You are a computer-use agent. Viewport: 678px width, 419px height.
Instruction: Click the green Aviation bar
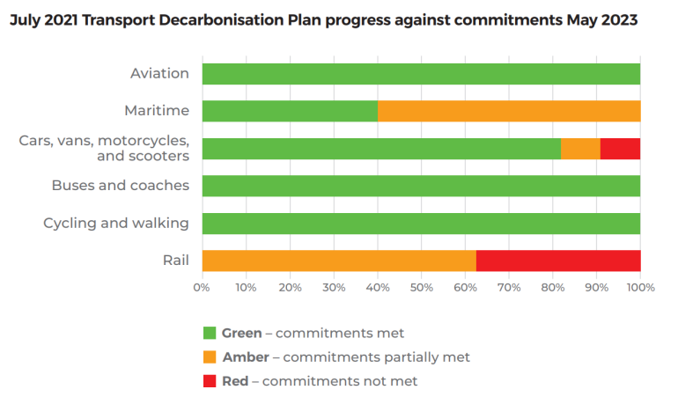pos(421,74)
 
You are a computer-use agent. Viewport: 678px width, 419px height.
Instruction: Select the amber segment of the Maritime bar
pos(509,111)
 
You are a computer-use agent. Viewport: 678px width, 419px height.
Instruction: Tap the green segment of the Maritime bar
pos(290,111)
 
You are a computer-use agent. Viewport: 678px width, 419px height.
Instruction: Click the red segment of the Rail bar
pos(558,261)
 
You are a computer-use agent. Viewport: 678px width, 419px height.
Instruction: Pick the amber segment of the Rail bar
pos(339,261)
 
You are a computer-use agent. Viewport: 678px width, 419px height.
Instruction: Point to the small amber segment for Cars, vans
pos(580,149)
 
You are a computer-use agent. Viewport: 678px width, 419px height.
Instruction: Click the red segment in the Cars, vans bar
pos(620,149)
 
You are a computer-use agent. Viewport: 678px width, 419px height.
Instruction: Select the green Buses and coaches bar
pos(421,186)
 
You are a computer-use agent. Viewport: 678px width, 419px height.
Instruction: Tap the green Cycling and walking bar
pos(421,224)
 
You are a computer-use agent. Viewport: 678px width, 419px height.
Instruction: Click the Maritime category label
pos(157,111)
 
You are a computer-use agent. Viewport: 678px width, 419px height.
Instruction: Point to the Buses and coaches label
pos(121,186)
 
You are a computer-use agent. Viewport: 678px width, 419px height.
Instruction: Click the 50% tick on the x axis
pos(421,287)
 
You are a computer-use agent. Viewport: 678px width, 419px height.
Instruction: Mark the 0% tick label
pos(202,287)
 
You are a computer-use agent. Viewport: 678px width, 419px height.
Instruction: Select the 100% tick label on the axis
pos(639,287)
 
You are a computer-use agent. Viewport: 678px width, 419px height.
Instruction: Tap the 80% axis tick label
pos(552,287)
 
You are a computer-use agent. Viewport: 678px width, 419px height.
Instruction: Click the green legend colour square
pos(210,333)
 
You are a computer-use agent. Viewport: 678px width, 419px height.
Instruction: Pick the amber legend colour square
pos(210,357)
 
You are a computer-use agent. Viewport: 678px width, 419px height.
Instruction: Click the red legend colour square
pos(210,381)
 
